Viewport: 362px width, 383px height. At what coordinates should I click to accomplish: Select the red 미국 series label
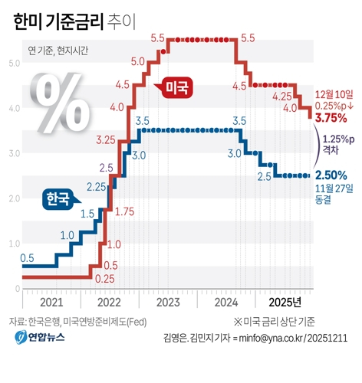176,88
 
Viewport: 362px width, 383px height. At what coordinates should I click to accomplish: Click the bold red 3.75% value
332,118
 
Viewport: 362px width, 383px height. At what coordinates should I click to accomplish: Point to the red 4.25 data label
281,96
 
